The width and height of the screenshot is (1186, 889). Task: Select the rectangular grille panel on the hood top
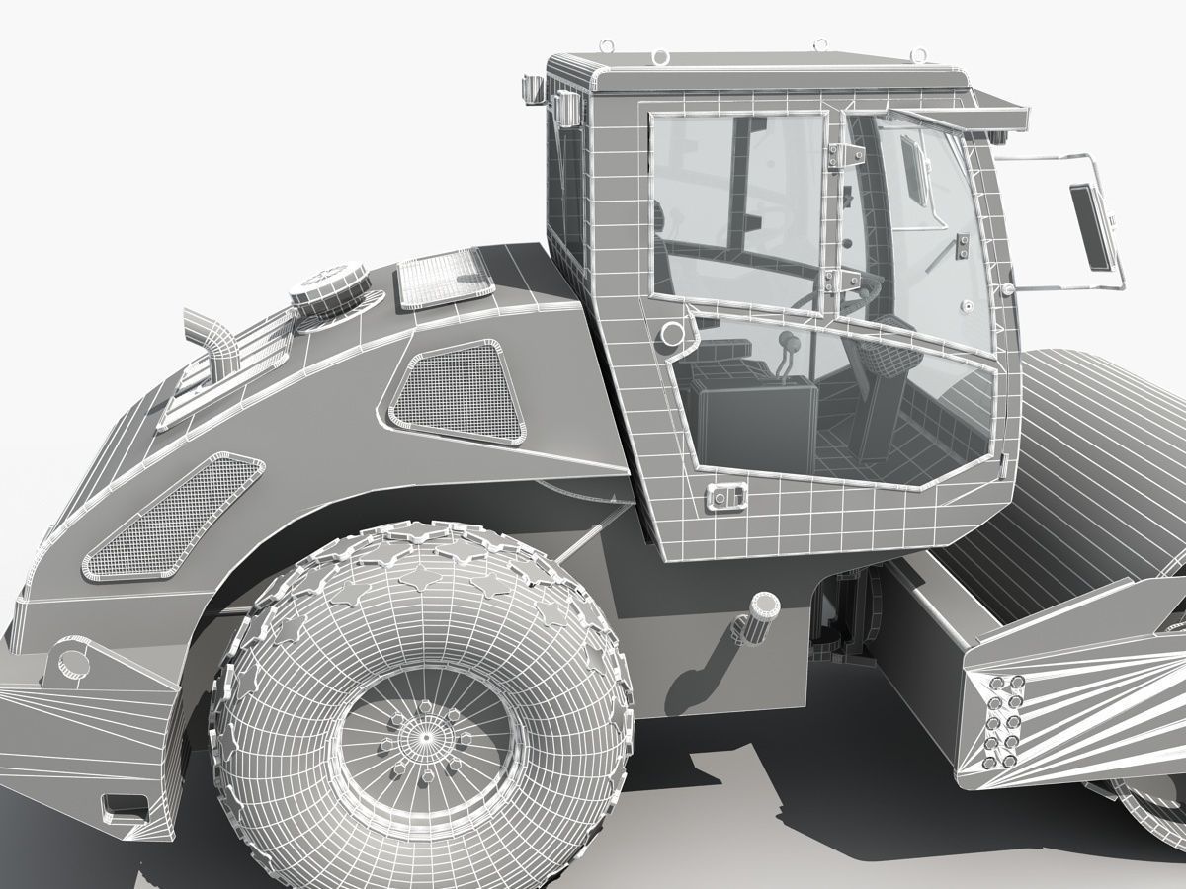(445, 276)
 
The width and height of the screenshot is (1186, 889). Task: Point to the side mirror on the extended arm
(1092, 226)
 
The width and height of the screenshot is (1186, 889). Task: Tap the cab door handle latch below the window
(726, 499)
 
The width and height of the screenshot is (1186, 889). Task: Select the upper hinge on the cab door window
(845, 153)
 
